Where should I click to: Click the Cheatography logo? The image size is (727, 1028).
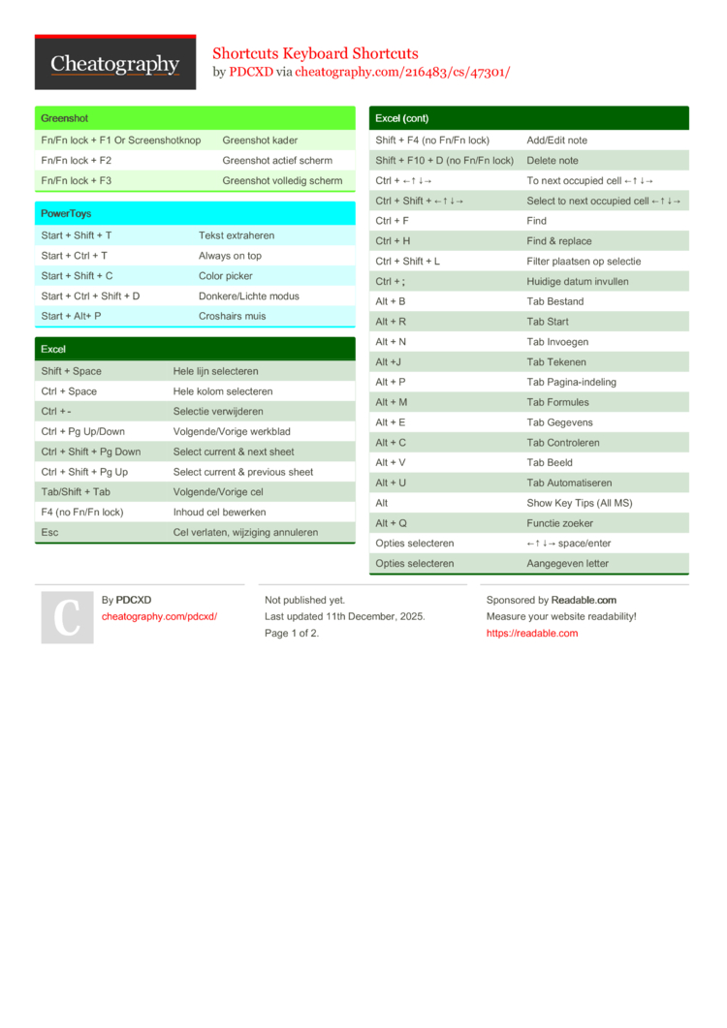(115, 64)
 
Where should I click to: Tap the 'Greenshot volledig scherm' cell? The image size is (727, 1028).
(282, 180)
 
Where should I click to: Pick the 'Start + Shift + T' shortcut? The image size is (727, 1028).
(77, 235)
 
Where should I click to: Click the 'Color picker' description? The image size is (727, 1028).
(226, 276)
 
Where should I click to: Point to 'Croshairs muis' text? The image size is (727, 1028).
(233, 316)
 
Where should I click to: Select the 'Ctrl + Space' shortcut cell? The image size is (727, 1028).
(69, 391)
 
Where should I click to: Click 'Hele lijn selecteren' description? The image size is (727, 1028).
(216, 371)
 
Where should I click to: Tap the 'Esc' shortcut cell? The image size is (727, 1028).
(49, 532)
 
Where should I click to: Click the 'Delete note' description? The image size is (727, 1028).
(553, 161)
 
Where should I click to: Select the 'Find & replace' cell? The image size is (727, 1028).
(559, 241)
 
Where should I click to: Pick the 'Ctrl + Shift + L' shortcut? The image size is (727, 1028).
(407, 262)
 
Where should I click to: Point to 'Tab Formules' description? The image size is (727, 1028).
(557, 402)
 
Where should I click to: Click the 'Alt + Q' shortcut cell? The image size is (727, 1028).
(392, 523)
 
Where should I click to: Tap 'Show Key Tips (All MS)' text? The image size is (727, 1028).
(580, 503)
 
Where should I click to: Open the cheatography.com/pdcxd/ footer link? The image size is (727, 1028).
(159, 616)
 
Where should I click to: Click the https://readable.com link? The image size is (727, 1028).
(532, 633)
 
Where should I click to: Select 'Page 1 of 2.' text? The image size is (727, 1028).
(292, 633)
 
